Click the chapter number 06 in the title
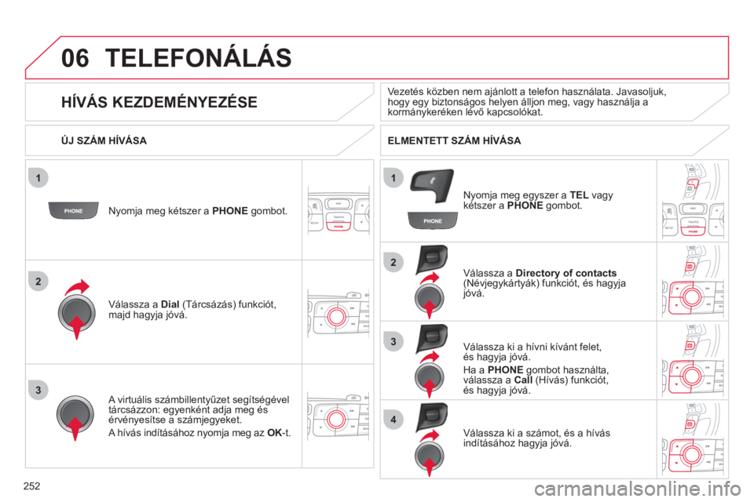[x=75, y=58]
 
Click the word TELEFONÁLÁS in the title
[x=198, y=57]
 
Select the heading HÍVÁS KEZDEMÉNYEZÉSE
[x=159, y=102]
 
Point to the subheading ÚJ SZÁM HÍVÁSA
[x=104, y=140]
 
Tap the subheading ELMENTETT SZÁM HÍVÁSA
[x=454, y=140]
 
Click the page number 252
[x=31, y=486]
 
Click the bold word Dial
[x=170, y=304]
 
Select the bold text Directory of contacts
[x=566, y=273]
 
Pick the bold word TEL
[x=579, y=195]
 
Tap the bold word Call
[x=523, y=380]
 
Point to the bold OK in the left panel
[x=275, y=433]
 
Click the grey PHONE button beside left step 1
[x=74, y=210]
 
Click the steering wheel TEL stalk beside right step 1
[x=431, y=186]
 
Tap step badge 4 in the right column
[x=393, y=420]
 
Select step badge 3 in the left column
[x=38, y=390]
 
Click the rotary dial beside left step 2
[x=76, y=313]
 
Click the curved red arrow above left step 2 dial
[x=77, y=287]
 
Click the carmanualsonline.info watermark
[x=638, y=489]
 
